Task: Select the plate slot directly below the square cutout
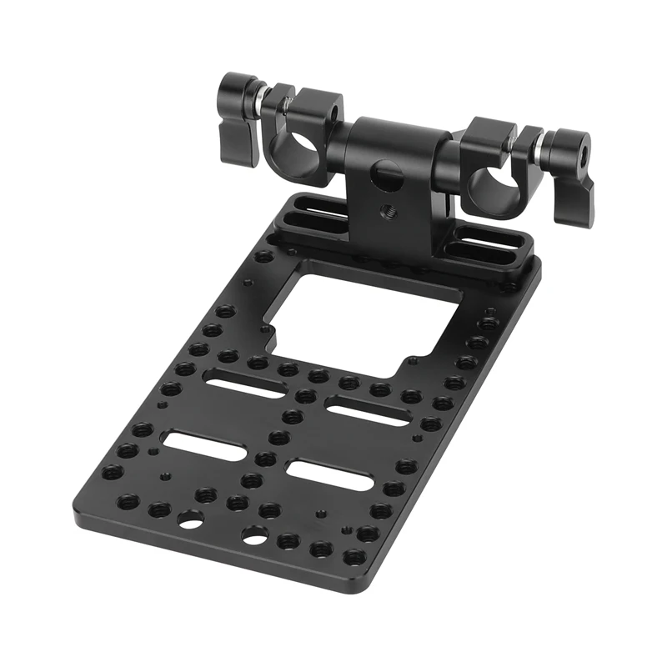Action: coord(367,412)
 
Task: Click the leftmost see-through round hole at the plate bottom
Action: coord(189,522)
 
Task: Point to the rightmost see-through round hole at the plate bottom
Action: coord(253,534)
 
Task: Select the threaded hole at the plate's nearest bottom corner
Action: coord(354,556)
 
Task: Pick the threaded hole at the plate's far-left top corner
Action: coord(263,256)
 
